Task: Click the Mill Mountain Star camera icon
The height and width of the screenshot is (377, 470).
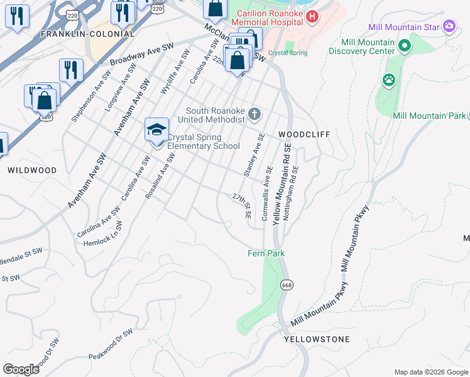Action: (x=449, y=26)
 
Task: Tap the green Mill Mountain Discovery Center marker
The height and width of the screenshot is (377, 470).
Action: (x=405, y=45)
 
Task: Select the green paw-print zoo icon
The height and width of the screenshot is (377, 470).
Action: (x=389, y=80)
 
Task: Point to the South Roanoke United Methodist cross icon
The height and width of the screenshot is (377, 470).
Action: (x=254, y=114)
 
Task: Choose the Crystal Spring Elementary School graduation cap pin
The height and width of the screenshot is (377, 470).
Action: (x=156, y=130)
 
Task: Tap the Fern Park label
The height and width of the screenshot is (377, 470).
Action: (x=265, y=253)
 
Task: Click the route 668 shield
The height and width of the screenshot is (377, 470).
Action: (x=287, y=285)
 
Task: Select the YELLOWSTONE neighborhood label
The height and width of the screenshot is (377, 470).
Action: (x=317, y=339)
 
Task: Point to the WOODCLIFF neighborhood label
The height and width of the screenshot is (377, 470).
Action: (x=304, y=134)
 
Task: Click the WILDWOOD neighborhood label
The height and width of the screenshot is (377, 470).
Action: (x=32, y=170)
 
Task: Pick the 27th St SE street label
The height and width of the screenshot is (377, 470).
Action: (x=242, y=206)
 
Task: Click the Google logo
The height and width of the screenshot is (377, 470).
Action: (x=21, y=369)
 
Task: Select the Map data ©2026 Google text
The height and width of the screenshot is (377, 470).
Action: (x=431, y=372)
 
